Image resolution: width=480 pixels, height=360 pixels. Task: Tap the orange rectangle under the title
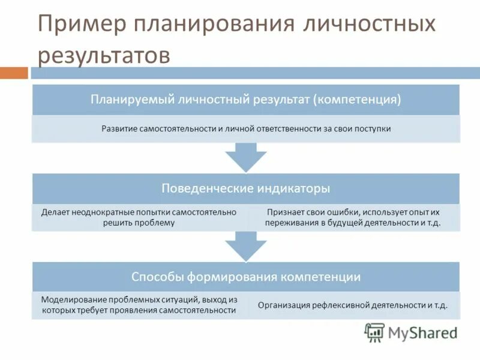pos(14,73)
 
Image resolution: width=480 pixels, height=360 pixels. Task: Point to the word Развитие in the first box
pos(119,128)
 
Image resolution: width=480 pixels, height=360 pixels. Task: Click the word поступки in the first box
pos(372,128)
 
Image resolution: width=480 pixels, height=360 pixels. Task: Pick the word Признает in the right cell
pos(282,212)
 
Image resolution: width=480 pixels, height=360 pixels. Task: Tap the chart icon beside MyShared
pos(374,332)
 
